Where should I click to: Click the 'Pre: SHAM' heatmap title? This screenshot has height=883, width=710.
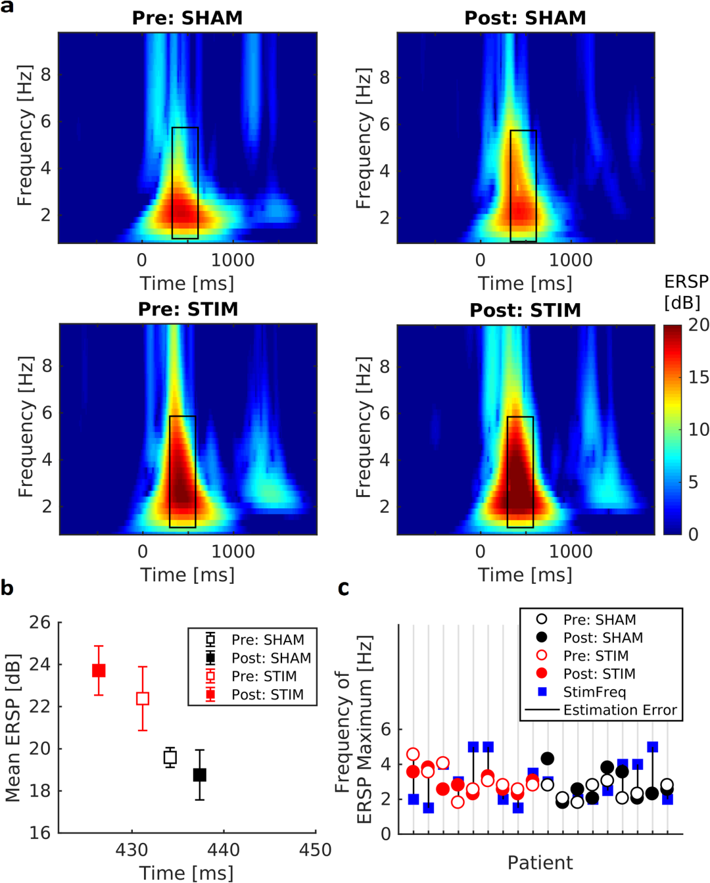click(x=187, y=18)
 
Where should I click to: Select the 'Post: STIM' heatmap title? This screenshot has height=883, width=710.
click(x=525, y=310)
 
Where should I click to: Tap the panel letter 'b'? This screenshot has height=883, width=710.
click(x=7, y=587)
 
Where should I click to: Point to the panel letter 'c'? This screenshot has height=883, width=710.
click(x=343, y=587)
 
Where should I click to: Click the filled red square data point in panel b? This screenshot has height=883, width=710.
click(x=99, y=671)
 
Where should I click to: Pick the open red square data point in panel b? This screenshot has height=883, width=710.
click(x=143, y=698)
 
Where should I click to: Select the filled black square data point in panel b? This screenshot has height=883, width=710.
click(x=200, y=775)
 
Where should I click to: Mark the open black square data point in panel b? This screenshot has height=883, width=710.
click(x=170, y=757)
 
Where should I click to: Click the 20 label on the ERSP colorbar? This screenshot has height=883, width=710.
click(x=698, y=325)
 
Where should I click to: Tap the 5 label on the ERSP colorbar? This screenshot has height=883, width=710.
click(x=693, y=482)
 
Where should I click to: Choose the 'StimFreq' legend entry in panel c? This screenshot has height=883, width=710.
click(x=594, y=692)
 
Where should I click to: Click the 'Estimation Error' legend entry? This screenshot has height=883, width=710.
click(x=619, y=710)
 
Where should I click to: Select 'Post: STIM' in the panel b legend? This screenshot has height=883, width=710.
click(x=267, y=694)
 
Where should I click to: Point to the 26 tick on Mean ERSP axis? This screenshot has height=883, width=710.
click(x=39, y=622)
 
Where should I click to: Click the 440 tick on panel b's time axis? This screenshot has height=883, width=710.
click(x=224, y=849)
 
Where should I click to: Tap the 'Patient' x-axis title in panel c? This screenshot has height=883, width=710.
click(x=540, y=863)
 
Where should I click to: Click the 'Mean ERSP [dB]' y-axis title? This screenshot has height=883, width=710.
click(x=13, y=727)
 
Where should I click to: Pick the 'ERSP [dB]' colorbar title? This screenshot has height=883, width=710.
click(x=686, y=292)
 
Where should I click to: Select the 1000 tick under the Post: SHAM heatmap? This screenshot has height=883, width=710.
click(x=571, y=260)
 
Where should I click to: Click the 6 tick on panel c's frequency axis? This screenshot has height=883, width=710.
click(x=386, y=729)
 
